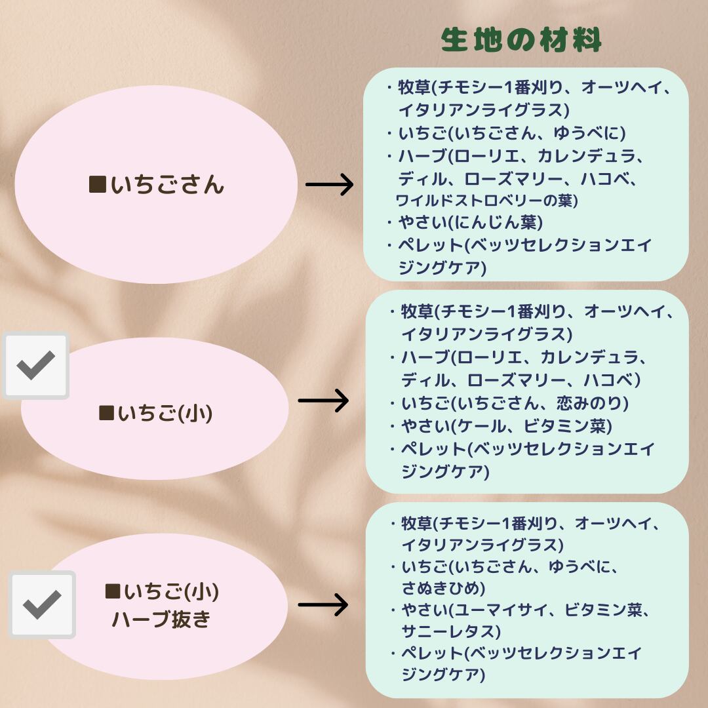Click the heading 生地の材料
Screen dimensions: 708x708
(521, 41)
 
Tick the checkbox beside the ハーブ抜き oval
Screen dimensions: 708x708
(42, 604)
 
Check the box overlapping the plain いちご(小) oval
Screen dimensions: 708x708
(36, 366)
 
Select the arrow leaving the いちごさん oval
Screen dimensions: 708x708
(329, 185)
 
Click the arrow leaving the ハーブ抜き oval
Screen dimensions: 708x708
(323, 604)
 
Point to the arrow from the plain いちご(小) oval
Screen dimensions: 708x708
(323, 400)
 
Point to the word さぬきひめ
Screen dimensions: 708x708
(443, 587)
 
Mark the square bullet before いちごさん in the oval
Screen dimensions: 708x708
(97, 185)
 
